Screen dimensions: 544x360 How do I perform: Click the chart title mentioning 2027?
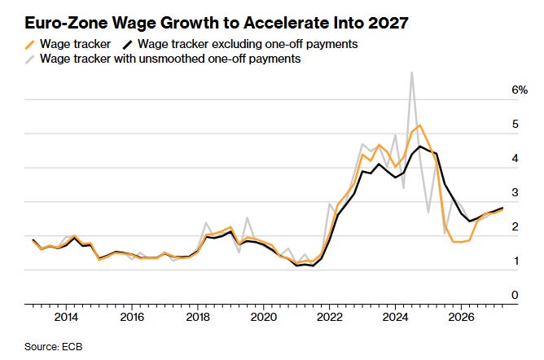[217, 23]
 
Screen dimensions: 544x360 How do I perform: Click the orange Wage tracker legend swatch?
[30, 45]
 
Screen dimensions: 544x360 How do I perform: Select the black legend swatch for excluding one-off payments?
[128, 45]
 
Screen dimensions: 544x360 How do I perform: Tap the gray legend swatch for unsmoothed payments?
[30, 59]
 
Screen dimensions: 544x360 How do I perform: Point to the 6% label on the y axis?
[520, 90]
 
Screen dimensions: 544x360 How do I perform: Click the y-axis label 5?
[515, 124]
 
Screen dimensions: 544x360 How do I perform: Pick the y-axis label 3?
[515, 192]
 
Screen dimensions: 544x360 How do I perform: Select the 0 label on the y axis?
[515, 295]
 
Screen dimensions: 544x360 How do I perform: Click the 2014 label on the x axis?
[66, 317]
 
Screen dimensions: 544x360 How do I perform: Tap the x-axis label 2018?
[198, 317]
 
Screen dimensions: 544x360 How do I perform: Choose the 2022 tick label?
[329, 317]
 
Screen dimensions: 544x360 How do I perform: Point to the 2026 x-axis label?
[461, 317]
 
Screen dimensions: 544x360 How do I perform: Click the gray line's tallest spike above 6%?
[411, 72]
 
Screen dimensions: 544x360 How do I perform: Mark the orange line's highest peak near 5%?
[419, 125]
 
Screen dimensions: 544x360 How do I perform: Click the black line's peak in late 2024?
[419, 147]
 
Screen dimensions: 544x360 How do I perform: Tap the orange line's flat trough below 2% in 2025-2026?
[461, 242]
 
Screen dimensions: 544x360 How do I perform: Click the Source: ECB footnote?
[54, 347]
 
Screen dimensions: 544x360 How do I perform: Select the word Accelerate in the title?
[286, 23]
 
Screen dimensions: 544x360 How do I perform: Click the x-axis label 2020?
[263, 317]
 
